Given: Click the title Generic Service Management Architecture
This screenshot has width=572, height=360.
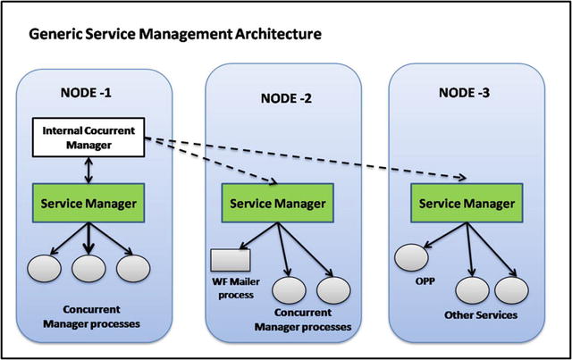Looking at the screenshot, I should coord(175,35).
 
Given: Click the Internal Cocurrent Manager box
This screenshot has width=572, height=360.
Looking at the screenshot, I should coord(83,138).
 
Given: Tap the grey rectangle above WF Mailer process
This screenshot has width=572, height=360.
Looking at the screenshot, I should coord(231,260).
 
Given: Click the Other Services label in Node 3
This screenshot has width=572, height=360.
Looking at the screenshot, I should coord(483,316).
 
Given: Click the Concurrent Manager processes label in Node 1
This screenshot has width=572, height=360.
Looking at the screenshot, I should coord(88,317).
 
